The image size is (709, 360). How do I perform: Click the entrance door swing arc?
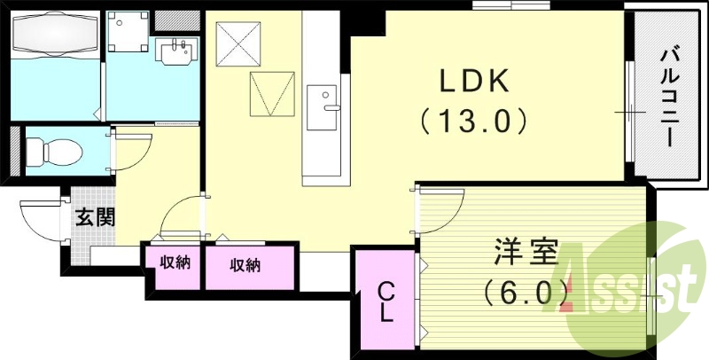[41, 218]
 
